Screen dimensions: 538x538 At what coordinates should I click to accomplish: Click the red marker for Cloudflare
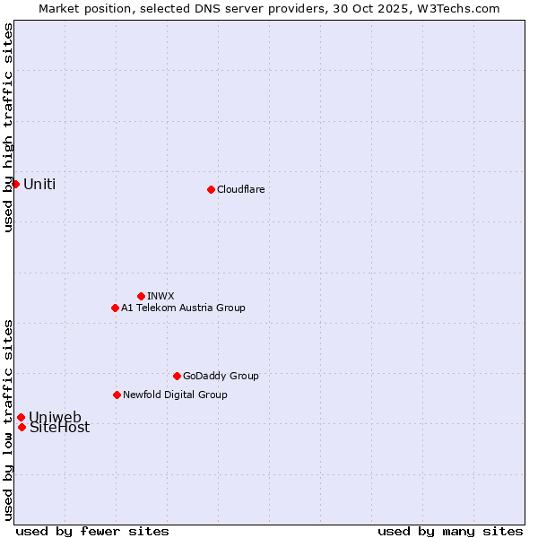click(211, 189)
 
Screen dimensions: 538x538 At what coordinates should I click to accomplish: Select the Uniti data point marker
click(15, 184)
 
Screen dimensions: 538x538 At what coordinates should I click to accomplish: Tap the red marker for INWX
click(141, 296)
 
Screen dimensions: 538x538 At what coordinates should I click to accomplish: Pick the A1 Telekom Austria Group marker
click(115, 308)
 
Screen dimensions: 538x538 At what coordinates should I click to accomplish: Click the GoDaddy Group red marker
click(177, 376)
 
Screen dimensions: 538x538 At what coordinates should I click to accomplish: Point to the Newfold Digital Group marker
click(117, 395)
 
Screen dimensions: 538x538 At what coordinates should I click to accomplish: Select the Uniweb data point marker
click(21, 417)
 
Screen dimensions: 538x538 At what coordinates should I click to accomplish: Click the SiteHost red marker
click(22, 427)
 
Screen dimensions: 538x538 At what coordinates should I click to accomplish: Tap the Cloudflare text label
click(240, 189)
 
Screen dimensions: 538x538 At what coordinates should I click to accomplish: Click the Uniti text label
click(39, 184)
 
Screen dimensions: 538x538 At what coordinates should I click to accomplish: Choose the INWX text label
click(161, 296)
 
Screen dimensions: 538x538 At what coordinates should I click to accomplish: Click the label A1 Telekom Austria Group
click(183, 308)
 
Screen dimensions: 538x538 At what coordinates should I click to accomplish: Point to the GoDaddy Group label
click(221, 376)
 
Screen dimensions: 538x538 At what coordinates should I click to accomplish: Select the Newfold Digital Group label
click(175, 395)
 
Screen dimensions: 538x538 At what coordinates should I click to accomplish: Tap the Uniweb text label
click(55, 417)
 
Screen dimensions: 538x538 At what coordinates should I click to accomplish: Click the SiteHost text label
click(59, 428)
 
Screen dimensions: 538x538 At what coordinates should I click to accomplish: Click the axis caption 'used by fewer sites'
click(92, 531)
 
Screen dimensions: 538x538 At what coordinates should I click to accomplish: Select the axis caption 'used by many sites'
click(450, 531)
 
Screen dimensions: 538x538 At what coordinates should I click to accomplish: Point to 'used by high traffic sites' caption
click(8, 127)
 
